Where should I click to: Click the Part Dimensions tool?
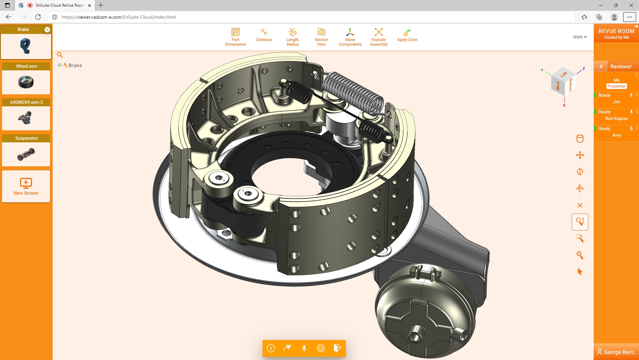[235, 37]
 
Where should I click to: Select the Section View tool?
[321, 37]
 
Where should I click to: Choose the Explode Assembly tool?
[378, 37]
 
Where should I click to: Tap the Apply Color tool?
[407, 35]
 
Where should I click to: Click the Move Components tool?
[350, 37]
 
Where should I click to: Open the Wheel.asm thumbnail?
[26, 82]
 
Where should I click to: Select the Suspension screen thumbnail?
[26, 154]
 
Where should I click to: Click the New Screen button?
[26, 186]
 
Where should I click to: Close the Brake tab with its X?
[47, 30]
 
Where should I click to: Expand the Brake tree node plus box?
[59, 65]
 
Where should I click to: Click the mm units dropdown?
[580, 37]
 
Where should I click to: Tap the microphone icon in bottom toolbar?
[304, 348]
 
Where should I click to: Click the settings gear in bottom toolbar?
[320, 348]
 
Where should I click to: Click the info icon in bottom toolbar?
[271, 348]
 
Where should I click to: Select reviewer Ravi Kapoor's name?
[616, 119]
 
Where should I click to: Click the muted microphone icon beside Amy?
[631, 129]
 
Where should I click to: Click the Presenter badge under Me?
[616, 86]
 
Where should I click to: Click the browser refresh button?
[38, 17]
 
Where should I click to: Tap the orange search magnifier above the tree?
[60, 55]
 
